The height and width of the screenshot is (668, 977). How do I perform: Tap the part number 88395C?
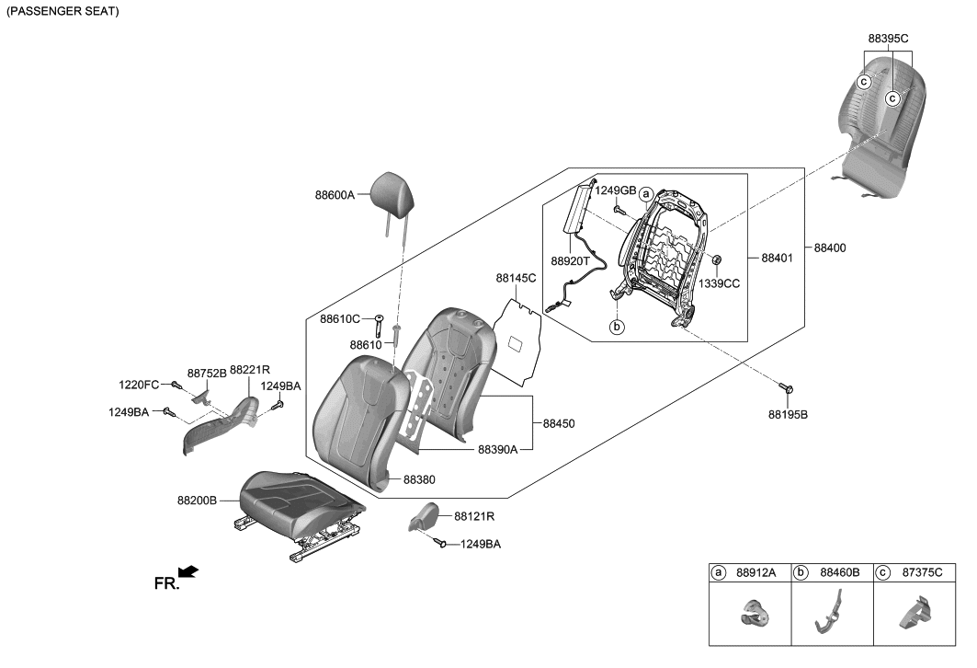click(887, 38)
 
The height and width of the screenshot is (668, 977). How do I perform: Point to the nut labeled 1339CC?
click(716, 260)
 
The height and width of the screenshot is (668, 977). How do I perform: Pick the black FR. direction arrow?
click(187, 572)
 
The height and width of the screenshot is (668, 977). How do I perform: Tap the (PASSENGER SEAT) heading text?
click(62, 12)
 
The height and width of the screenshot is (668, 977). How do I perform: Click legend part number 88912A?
click(756, 572)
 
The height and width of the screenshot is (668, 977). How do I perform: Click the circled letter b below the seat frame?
click(618, 326)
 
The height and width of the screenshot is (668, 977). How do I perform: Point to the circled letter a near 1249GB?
click(646, 194)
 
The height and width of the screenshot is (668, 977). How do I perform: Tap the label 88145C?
click(516, 278)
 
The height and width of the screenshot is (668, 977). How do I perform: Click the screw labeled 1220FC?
click(175, 385)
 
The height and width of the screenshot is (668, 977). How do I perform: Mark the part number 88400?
click(829, 248)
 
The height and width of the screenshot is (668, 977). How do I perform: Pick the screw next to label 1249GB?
click(619, 210)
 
